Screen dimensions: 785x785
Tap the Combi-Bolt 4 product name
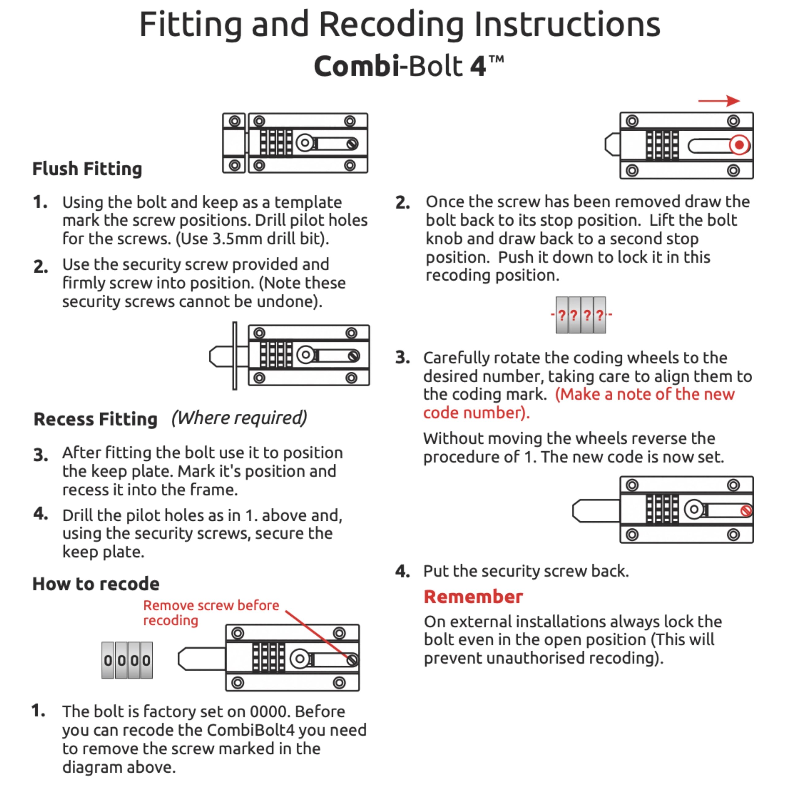408,66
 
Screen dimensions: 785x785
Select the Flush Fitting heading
87,169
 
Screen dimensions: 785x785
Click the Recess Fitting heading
95,419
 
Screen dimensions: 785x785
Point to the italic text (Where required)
239,418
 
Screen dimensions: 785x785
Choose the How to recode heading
96,584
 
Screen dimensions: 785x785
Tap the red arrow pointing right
719,101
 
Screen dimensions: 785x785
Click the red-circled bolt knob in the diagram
739,145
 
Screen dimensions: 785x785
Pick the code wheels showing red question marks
580,315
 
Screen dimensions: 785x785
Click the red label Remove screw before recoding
211,612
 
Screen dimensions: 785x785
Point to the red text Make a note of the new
645,394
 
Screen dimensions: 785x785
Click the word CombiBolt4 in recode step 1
250,730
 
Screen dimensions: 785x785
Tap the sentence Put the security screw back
526,571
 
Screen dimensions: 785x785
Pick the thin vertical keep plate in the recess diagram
235,356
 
